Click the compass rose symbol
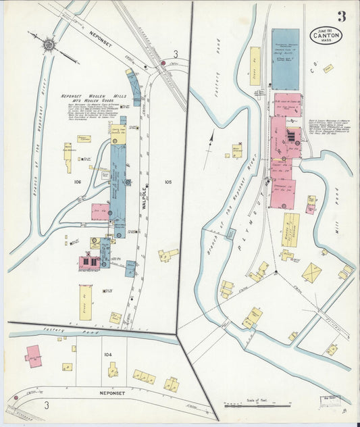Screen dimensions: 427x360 pos(49,45)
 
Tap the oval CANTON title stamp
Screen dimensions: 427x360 pos(326,35)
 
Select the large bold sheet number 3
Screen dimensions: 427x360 pos(342,16)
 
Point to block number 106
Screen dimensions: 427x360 pos(77,182)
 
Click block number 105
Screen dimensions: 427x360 pos(168,182)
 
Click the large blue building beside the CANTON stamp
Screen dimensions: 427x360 pos(285,59)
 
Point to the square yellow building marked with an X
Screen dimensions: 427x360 pos(311,272)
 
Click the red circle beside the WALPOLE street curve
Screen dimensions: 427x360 pos(163,64)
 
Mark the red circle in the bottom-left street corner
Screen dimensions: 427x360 pos(15,398)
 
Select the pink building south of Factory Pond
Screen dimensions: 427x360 pos(33,355)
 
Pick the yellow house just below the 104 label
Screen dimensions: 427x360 pos(113,369)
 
